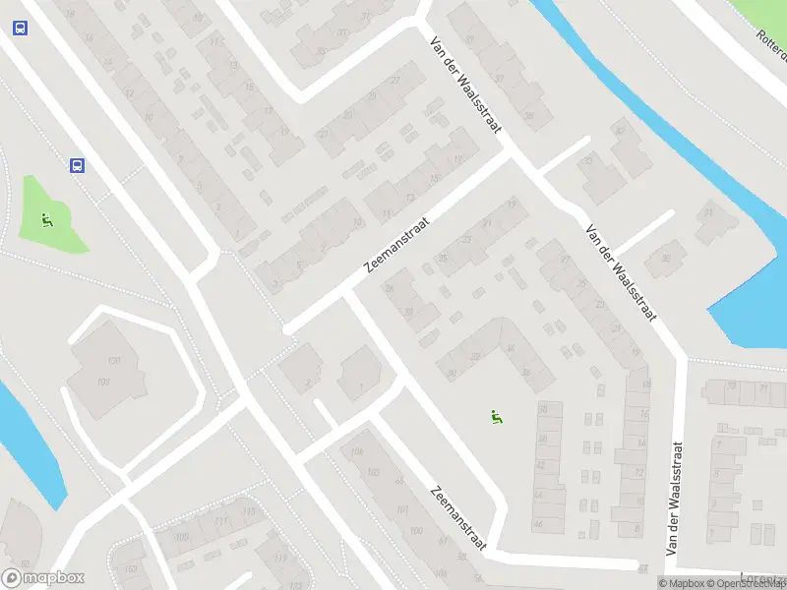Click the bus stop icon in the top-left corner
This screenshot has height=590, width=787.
point(20,28)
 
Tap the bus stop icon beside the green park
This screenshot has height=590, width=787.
point(77,165)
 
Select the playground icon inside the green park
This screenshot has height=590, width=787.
point(46,220)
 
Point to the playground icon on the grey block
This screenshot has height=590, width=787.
point(498,417)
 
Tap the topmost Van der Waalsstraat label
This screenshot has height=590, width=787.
point(465,75)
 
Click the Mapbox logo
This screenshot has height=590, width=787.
point(43,578)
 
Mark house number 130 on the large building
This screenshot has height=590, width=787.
point(114,361)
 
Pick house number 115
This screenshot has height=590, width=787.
point(249,512)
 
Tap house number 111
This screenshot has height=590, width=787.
point(221,520)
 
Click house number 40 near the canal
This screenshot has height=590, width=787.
point(619,130)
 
